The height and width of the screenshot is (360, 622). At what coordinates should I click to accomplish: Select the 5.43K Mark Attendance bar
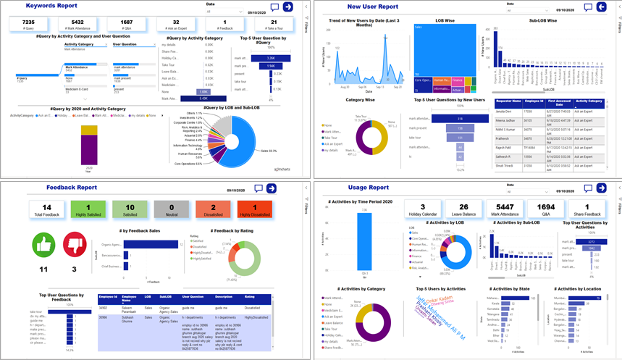click(203, 98)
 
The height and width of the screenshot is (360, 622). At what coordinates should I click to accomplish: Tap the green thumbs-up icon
click(43, 244)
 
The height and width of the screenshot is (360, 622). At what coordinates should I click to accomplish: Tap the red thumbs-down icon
click(74, 244)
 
